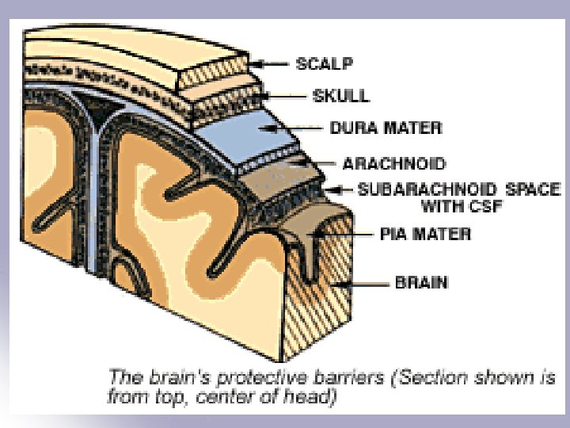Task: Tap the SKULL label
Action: click(341, 95)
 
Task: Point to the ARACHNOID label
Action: click(393, 164)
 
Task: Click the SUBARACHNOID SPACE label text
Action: click(458, 190)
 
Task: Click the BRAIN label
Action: click(421, 282)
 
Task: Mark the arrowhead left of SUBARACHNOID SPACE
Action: click(340, 190)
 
